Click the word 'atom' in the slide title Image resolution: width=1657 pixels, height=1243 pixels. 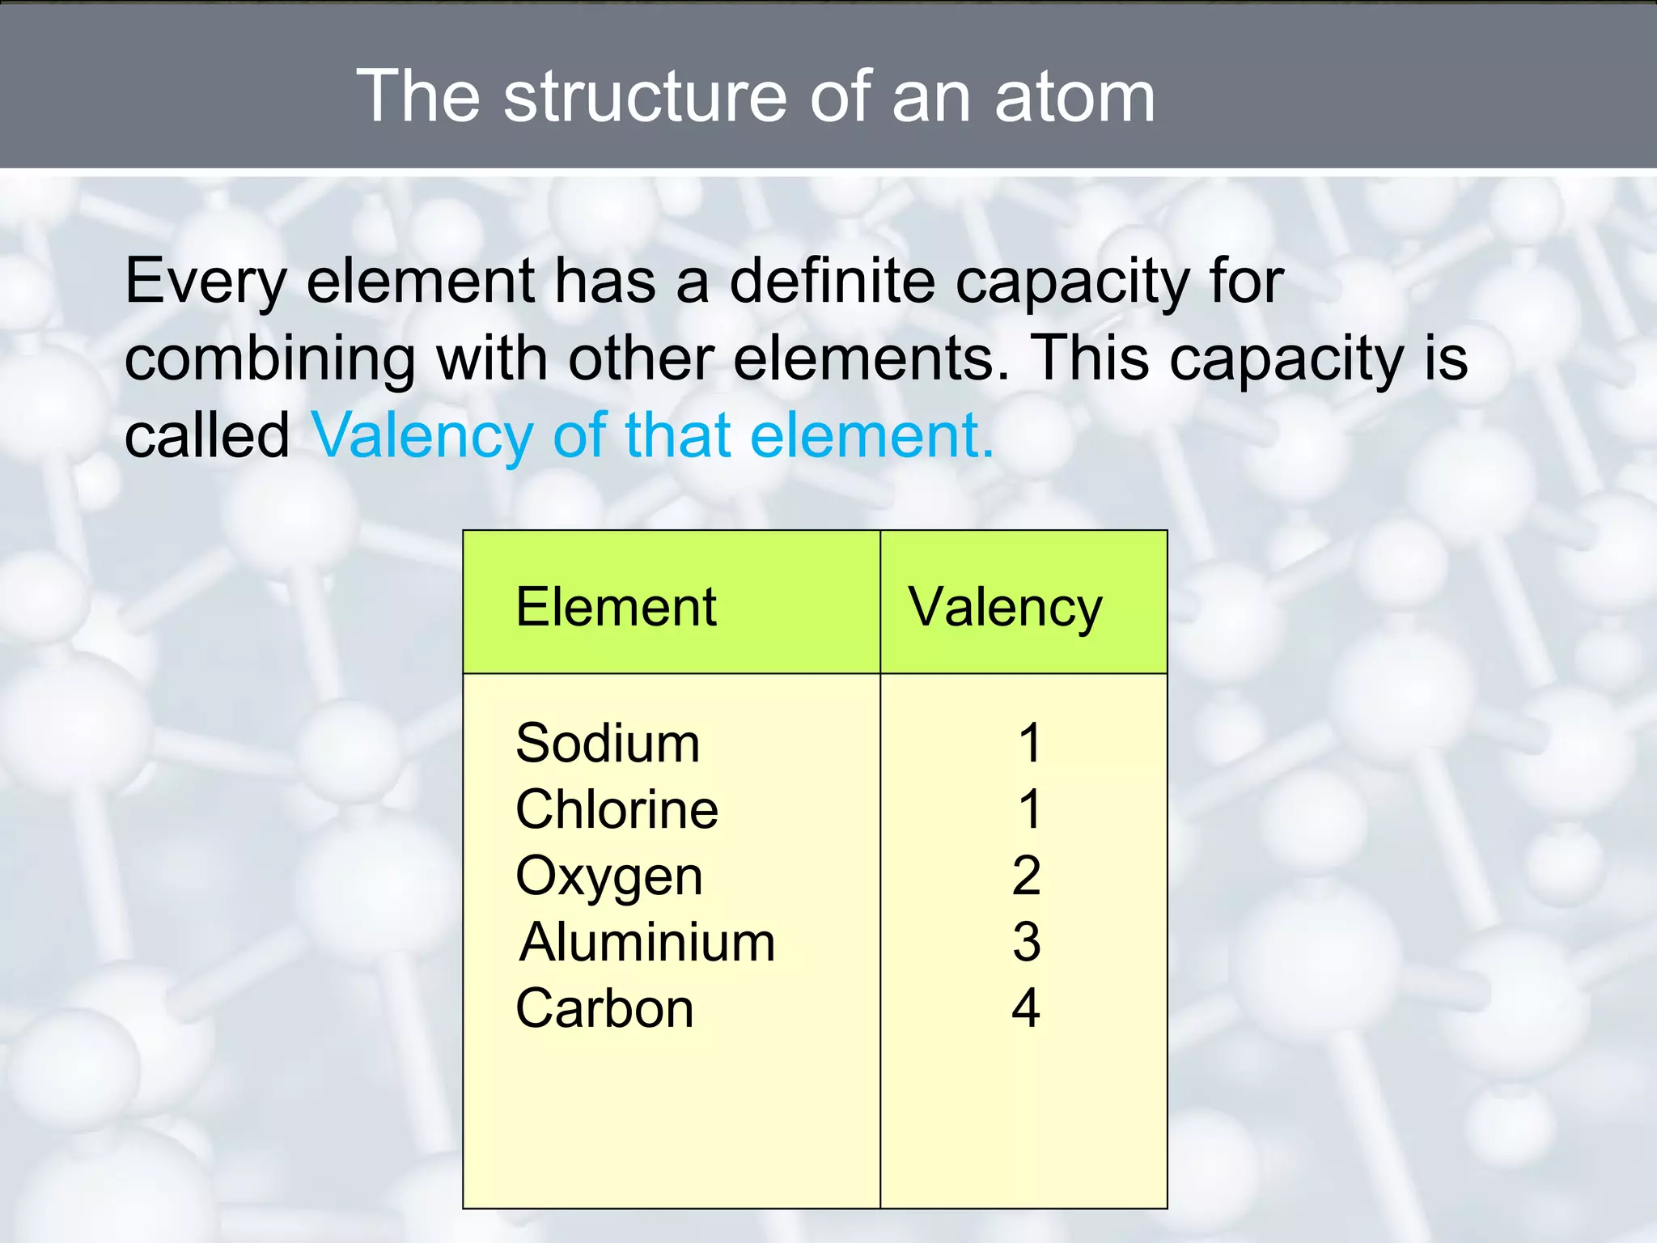pyautogui.click(x=1074, y=97)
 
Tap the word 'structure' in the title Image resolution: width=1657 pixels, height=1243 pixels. pyautogui.click(x=644, y=97)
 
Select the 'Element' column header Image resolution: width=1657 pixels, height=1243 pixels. pyautogui.click(x=616, y=607)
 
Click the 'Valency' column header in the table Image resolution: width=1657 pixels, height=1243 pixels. pyautogui.click(x=1005, y=609)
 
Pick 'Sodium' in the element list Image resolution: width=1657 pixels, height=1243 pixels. pyautogui.click(x=608, y=743)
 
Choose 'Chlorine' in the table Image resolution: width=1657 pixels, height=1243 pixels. pyautogui.click(x=617, y=809)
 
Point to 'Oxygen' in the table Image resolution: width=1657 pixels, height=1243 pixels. pyautogui.click(x=609, y=877)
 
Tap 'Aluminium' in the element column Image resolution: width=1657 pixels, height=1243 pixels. pyautogui.click(x=647, y=943)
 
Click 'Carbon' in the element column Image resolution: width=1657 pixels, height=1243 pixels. pyautogui.click(x=604, y=1009)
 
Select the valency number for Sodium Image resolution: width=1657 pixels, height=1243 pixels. pyautogui.click(x=1029, y=743)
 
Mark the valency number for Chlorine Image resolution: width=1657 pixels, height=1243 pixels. pyautogui.click(x=1029, y=809)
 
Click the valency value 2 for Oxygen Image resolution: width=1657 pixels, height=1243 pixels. pyautogui.click(x=1026, y=876)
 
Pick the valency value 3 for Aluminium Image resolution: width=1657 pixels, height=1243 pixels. pyautogui.click(x=1026, y=942)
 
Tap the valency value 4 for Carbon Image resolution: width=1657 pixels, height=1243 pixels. pyautogui.click(x=1026, y=1008)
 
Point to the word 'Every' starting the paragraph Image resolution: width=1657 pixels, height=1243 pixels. pyautogui.click(x=206, y=282)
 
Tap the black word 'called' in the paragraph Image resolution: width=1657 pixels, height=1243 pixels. pyautogui.click(x=207, y=435)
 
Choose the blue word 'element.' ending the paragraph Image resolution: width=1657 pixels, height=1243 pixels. pyautogui.click(x=871, y=435)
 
